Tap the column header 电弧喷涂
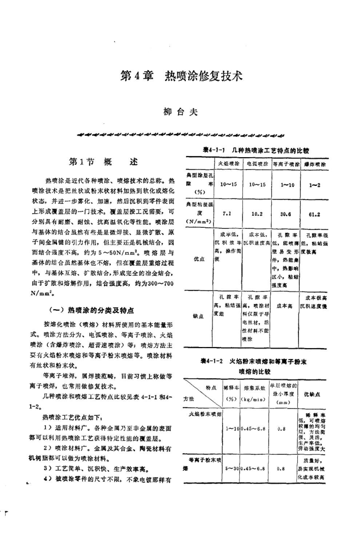coord(256,164)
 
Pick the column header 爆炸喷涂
coord(315,164)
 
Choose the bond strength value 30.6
coord(286,214)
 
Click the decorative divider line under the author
coord(181,134)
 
